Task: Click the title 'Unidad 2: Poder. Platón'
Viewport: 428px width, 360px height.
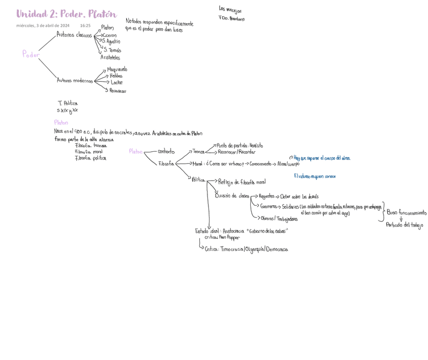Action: pos(66,14)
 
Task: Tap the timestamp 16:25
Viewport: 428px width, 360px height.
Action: pos(85,26)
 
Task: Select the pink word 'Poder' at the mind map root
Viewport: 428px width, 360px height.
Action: pos(31,54)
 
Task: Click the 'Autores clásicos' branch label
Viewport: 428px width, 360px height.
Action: pos(74,35)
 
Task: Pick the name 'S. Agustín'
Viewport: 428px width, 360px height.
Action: pos(111,42)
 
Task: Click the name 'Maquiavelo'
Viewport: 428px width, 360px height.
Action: pos(117,69)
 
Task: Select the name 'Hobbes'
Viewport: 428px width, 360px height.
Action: pos(116,76)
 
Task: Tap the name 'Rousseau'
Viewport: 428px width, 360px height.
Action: pos(118,91)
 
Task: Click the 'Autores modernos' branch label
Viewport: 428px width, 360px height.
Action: pos(75,81)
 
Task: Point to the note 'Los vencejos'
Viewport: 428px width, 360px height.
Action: pos(230,9)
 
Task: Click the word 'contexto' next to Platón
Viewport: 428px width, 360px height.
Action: pos(166,151)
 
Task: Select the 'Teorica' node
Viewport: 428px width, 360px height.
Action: pos(198,151)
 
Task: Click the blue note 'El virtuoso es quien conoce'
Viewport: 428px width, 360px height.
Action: pos(314,176)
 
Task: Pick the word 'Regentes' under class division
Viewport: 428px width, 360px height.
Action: pos(266,197)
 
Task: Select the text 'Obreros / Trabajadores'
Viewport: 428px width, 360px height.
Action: pos(279,219)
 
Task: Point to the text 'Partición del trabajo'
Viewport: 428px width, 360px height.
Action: pos(404,225)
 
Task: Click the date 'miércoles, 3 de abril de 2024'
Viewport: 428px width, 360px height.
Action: pos(43,26)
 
